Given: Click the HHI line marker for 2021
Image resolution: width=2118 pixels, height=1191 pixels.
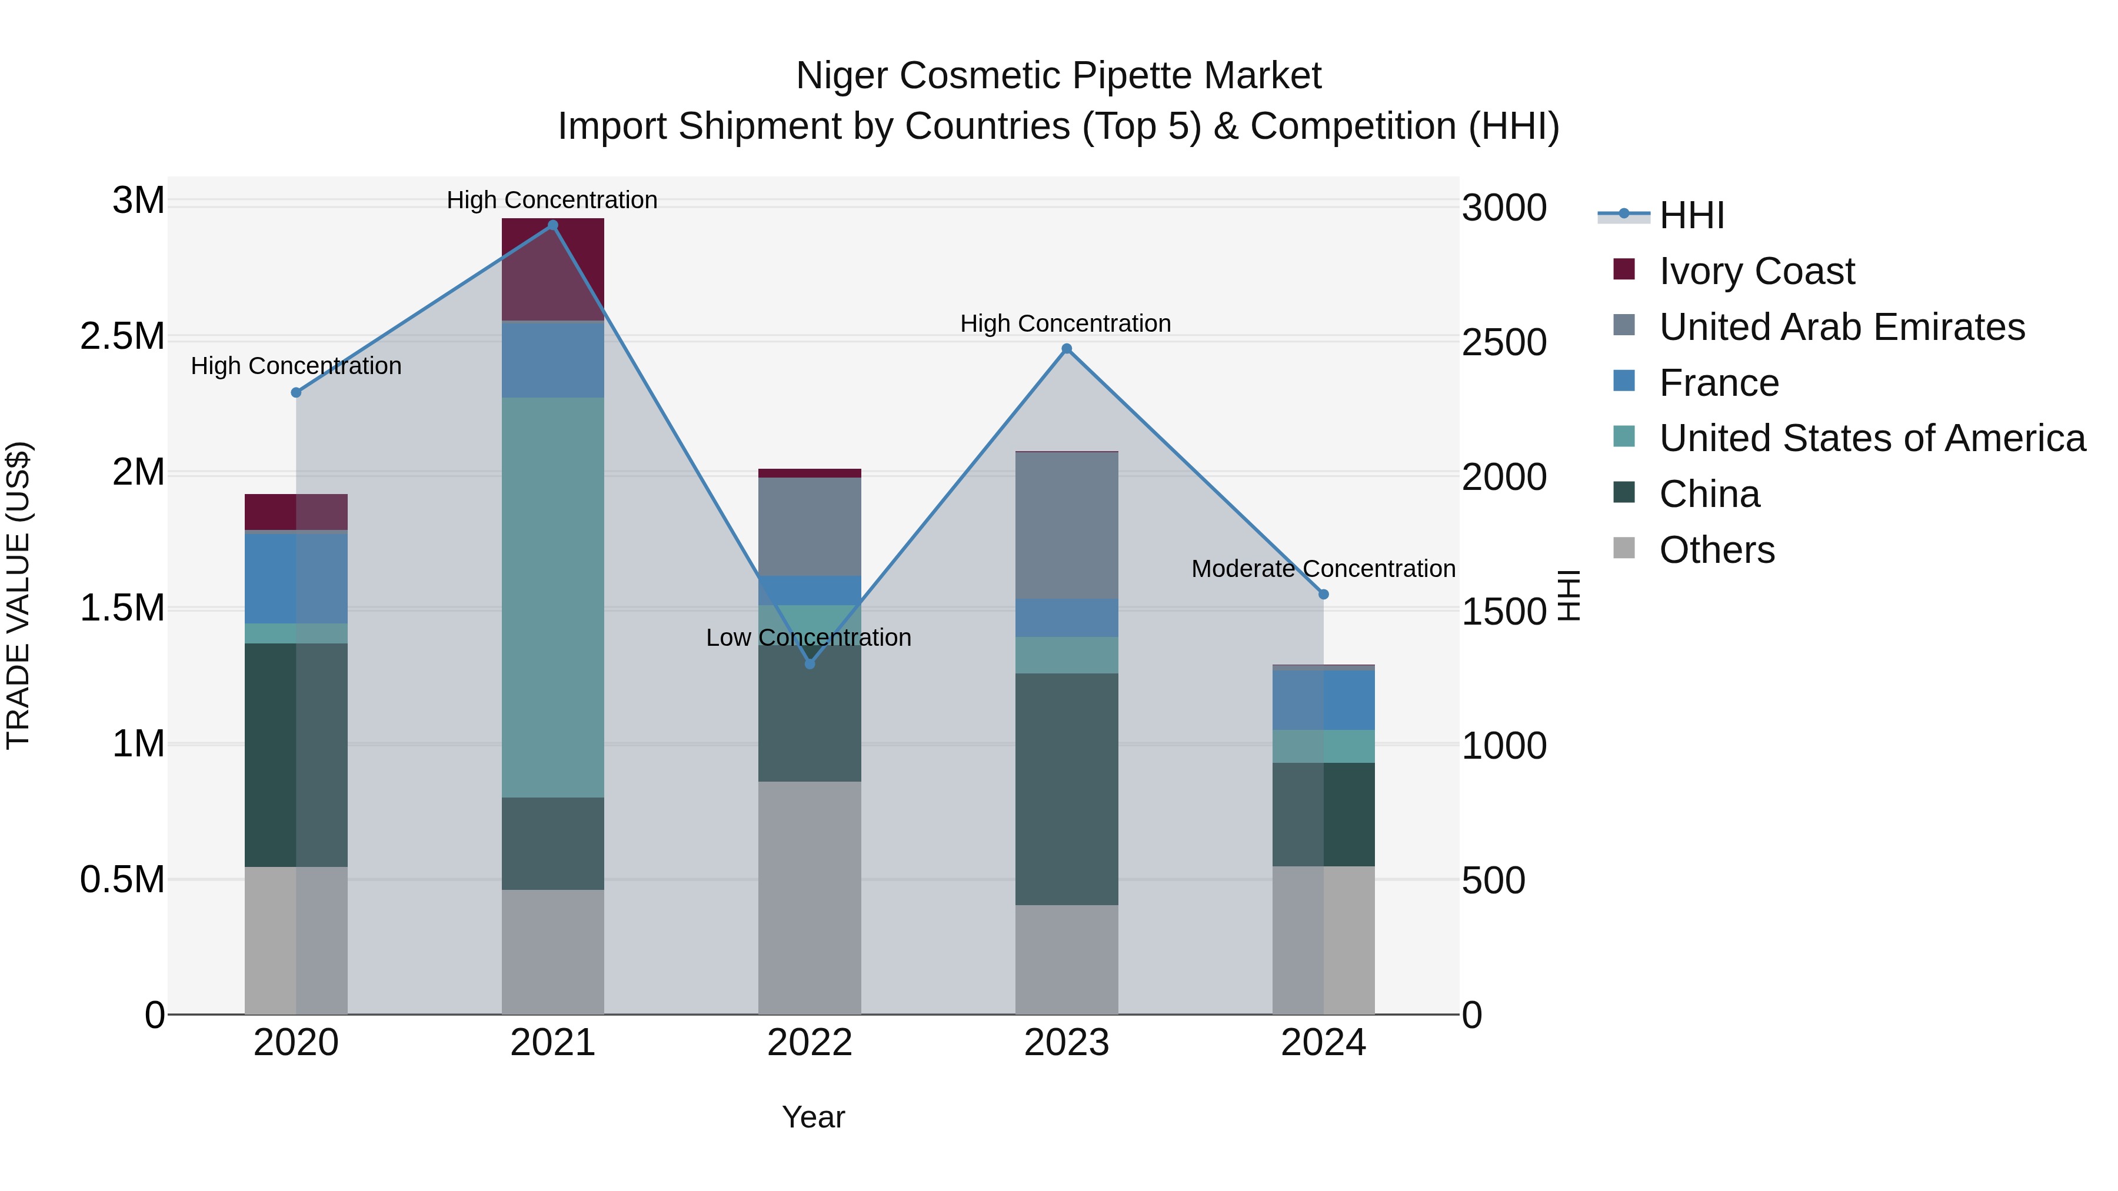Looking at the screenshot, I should (x=552, y=225).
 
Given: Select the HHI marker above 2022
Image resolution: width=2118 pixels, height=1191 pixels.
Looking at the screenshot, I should (x=810, y=663).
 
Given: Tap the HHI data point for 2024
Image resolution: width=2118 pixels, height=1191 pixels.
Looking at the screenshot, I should (x=1324, y=594).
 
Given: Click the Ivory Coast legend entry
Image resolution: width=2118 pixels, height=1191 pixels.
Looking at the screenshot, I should (x=1756, y=271).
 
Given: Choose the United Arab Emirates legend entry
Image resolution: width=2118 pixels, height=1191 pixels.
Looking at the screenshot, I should (x=1841, y=327).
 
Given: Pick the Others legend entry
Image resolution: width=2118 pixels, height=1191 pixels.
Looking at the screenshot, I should (x=1717, y=550).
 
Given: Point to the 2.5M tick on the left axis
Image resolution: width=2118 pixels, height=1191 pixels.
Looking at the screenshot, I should (x=122, y=337).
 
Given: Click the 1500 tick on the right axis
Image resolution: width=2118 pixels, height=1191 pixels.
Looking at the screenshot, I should (x=1504, y=612).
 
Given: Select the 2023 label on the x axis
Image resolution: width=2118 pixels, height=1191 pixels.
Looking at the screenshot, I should (x=1067, y=1043).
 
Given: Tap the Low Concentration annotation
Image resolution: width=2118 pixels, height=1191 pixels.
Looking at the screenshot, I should (x=808, y=638).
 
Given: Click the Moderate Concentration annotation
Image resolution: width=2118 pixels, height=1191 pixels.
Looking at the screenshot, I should (x=1323, y=569).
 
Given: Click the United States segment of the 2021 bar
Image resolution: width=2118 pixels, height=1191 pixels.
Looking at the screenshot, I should (x=552, y=598).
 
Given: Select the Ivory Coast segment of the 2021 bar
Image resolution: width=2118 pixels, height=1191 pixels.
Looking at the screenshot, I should (x=552, y=269).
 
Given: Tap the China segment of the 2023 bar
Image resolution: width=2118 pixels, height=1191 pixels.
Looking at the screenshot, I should (x=1067, y=789).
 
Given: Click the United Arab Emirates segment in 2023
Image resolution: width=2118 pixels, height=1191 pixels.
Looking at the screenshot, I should (x=1067, y=526).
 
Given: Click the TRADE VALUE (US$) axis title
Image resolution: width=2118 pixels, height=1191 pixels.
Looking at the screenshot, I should (x=18, y=595).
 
